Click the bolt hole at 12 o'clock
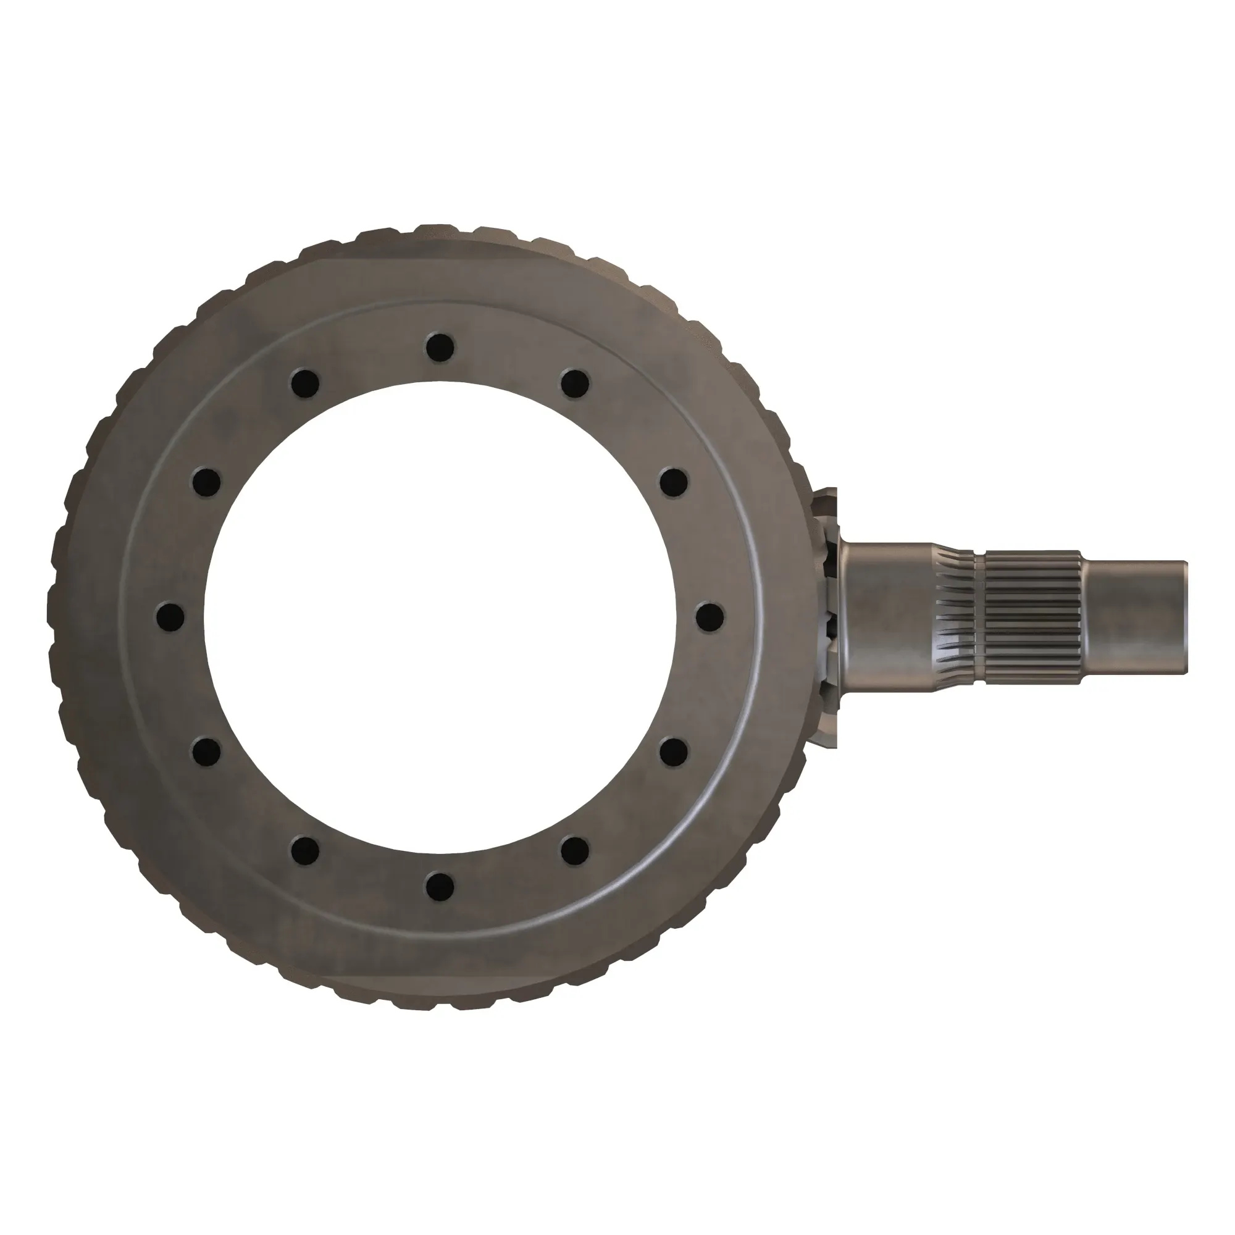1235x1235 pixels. click(440, 346)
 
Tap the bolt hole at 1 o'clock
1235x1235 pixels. click(575, 383)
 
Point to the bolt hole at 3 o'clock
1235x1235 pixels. click(710, 616)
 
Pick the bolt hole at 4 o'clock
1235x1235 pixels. click(673, 751)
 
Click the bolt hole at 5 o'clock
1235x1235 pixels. click(575, 850)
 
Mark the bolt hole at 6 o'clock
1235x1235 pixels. click(440, 886)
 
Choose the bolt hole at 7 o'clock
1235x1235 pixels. click(305, 850)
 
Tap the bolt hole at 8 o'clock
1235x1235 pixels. click(206, 751)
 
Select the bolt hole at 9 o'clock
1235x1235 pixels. click(170, 616)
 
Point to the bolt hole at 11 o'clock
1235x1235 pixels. click(305, 383)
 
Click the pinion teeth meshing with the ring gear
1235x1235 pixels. click(829, 617)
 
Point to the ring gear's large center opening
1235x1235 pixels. click(440, 616)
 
